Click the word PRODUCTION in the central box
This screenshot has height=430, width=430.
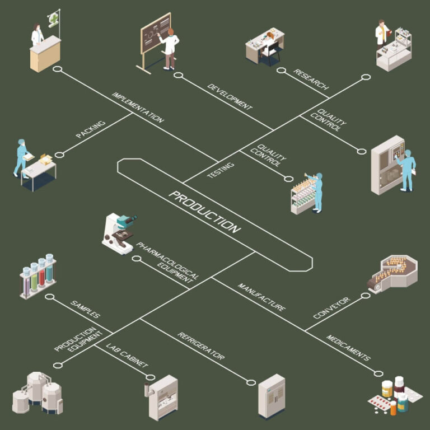click(204, 212)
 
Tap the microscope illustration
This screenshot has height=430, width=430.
click(120, 233)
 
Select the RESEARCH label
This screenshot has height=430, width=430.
click(311, 80)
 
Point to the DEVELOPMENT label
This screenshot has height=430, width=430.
click(230, 97)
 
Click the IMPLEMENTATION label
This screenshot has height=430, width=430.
click(138, 107)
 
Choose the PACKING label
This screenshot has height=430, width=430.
click(91, 129)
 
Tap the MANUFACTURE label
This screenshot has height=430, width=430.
click(261, 297)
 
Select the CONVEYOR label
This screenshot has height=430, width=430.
click(332, 308)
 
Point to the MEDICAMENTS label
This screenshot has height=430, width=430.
click(348, 348)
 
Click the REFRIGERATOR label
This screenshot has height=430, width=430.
click(201, 346)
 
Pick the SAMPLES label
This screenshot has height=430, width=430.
click(85, 309)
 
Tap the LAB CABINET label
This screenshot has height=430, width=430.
click(127, 355)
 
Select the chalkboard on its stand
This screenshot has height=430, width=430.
click(156, 40)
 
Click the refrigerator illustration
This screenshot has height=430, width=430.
click(272, 396)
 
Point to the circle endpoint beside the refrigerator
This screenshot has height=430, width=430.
click(251, 382)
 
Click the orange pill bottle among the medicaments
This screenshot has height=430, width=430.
click(393, 408)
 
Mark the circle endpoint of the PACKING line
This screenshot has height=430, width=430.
click(59, 155)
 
